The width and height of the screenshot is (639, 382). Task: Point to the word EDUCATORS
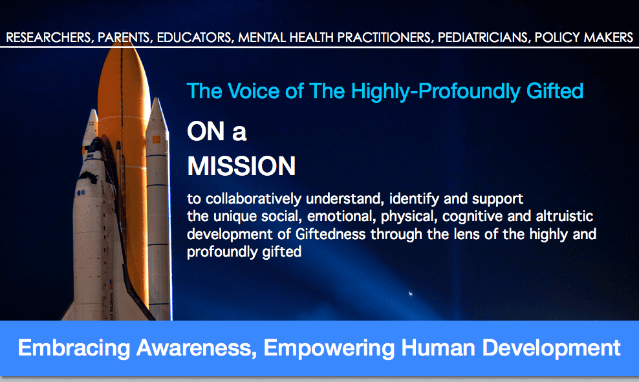tap(195, 37)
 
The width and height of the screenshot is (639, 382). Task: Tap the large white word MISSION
tap(241, 166)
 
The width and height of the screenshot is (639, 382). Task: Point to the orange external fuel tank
tap(124, 129)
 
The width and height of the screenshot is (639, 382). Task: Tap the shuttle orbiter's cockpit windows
tap(85, 192)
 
